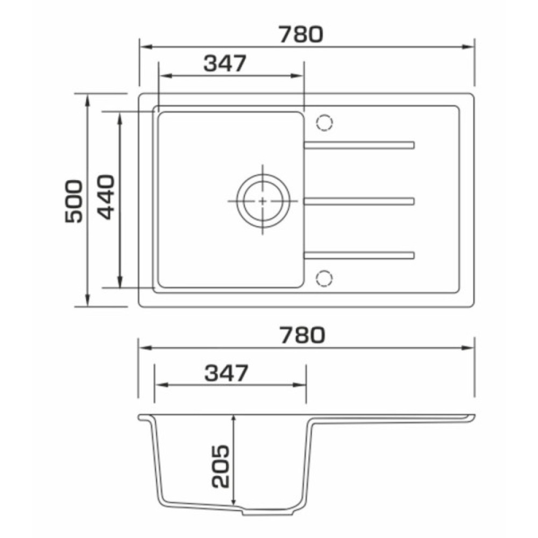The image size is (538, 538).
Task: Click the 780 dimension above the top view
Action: (301, 34)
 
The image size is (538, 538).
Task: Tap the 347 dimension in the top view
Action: (225, 63)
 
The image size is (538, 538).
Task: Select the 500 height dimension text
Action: (74, 201)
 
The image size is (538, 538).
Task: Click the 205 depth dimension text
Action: (220, 466)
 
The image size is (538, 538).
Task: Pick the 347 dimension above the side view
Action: (226, 373)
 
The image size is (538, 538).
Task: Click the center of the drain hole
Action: (263, 201)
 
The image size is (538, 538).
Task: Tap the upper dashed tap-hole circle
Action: (324, 123)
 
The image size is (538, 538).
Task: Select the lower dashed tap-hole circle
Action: (324, 278)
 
